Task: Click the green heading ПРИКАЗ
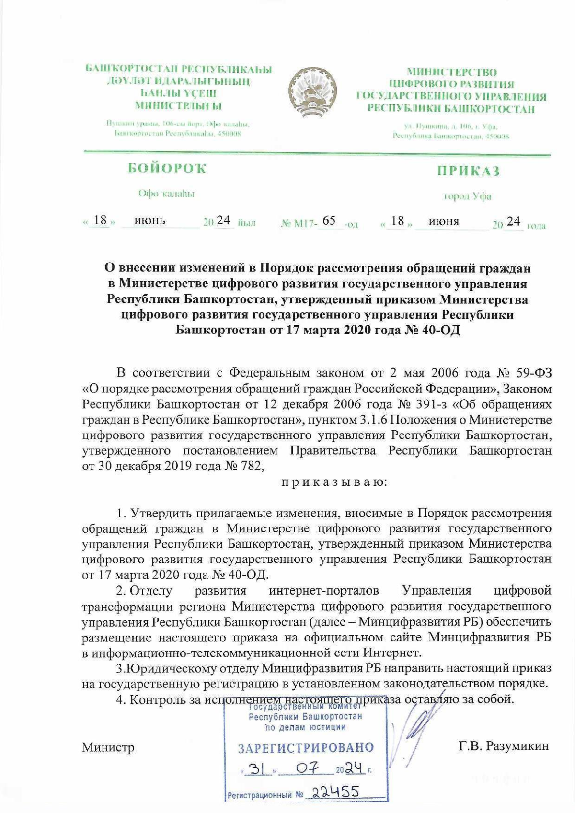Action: point(468,171)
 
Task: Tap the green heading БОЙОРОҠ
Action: point(167,168)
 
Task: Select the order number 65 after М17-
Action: point(329,220)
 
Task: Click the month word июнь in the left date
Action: point(149,220)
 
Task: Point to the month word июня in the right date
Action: point(444,221)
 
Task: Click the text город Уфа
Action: point(468,196)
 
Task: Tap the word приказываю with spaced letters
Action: point(334,481)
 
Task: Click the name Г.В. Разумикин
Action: point(503,746)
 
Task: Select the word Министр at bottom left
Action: point(108,747)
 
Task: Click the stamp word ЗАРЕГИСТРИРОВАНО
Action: point(306,748)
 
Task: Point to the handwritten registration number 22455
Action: point(335,791)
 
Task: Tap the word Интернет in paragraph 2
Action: point(392,653)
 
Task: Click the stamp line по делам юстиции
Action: point(305,727)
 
